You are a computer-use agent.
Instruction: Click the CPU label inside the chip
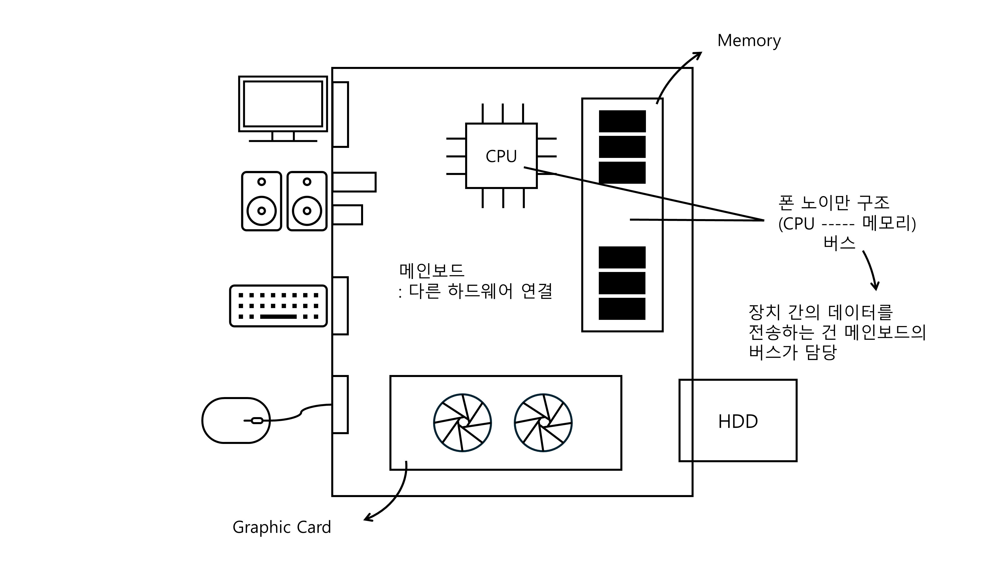[501, 156]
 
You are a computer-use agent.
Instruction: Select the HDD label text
[738, 422]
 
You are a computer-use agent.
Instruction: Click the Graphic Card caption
[282, 527]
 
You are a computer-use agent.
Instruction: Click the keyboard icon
[278, 306]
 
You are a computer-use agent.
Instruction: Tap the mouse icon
[236, 420]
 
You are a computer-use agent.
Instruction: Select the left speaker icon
[262, 201]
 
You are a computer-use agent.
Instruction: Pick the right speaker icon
[307, 201]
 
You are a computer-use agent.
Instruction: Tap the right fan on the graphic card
[543, 423]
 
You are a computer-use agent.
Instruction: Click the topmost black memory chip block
[622, 121]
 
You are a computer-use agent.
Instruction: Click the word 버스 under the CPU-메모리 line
[840, 243]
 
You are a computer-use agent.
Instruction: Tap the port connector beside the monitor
[340, 115]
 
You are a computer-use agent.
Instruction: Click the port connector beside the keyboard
[340, 306]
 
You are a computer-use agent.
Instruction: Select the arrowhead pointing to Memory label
[699, 54]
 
